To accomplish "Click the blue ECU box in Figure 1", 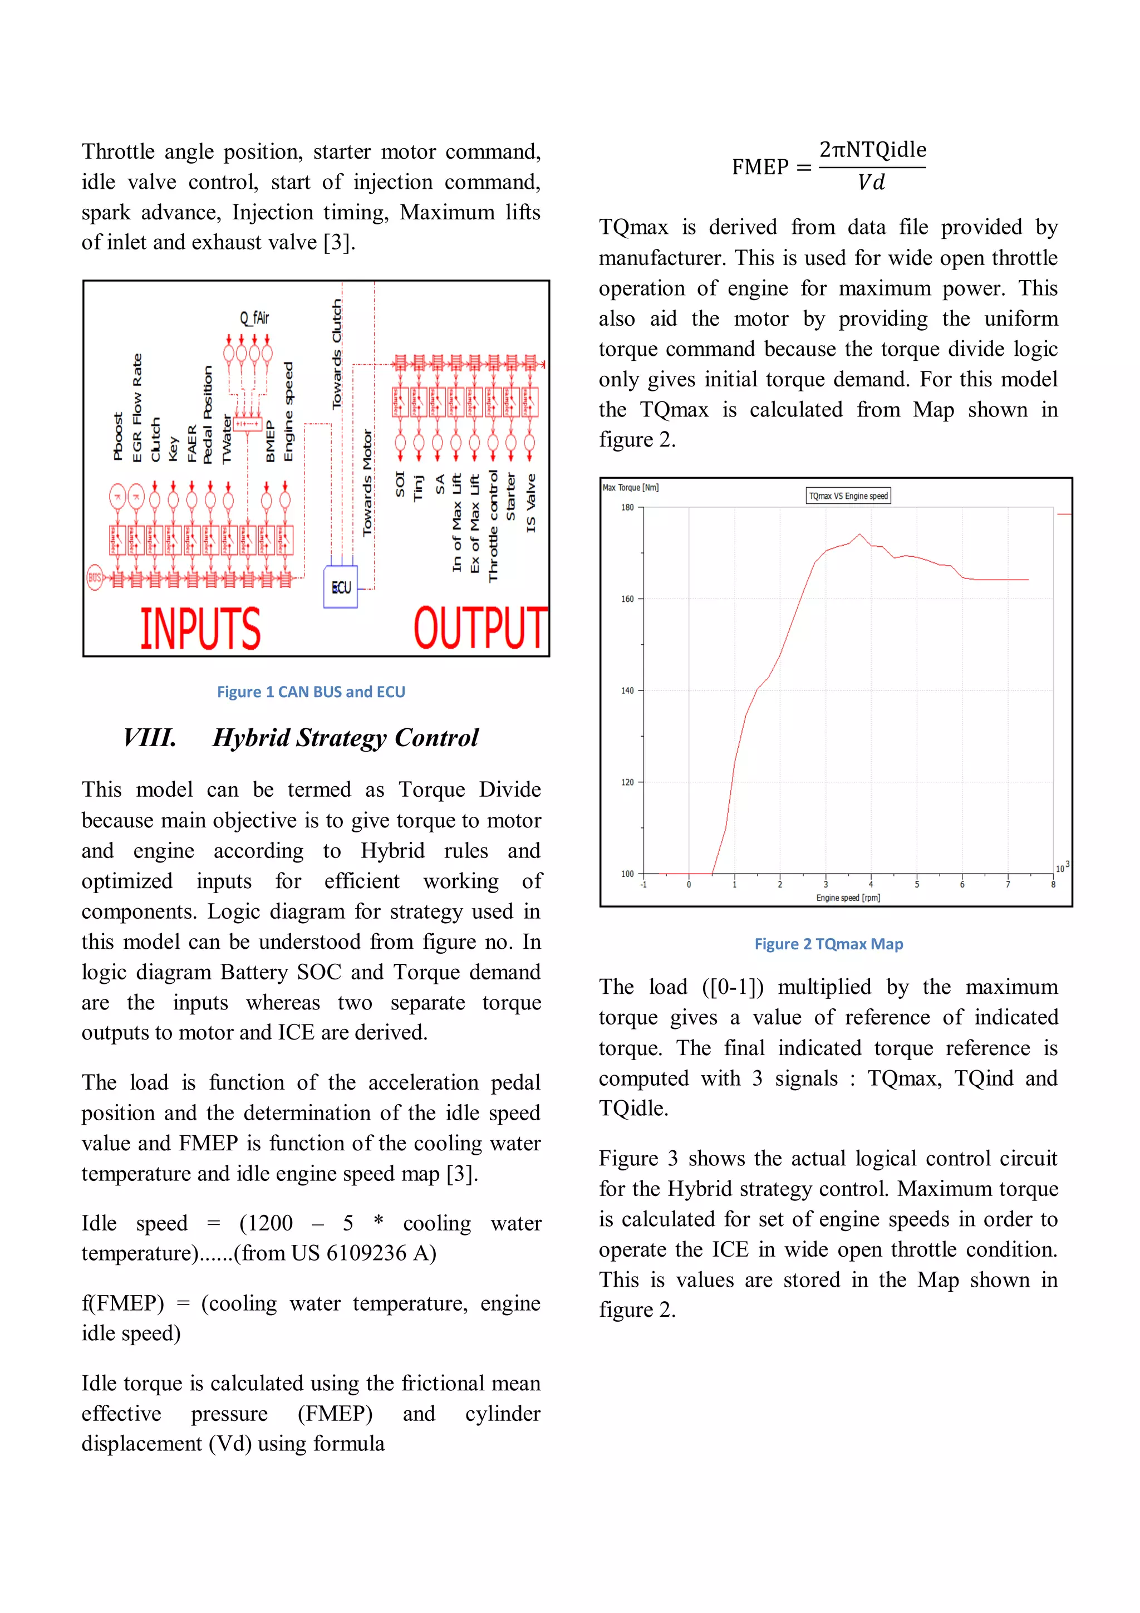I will (341, 587).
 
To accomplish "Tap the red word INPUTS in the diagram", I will (200, 628).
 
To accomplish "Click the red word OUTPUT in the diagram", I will (480, 627).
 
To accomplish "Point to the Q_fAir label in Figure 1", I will (254, 318).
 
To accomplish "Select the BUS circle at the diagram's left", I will (94, 577).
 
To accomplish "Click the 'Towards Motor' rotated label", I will (367, 483).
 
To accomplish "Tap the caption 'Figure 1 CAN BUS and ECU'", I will (311, 692).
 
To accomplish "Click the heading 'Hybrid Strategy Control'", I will (345, 738).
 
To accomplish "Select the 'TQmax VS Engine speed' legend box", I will (848, 496).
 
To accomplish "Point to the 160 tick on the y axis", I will (627, 599).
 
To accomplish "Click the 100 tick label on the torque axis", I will (627, 874).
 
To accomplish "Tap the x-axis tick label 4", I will (871, 885).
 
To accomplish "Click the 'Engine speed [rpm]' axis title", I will (848, 898).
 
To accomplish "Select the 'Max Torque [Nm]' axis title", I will (631, 488).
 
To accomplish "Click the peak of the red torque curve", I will (860, 535).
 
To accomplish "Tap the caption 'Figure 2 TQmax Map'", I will (828, 944).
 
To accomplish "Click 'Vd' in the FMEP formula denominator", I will (871, 183).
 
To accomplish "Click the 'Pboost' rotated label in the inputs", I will (118, 437).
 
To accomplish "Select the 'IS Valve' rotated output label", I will (531, 502).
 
